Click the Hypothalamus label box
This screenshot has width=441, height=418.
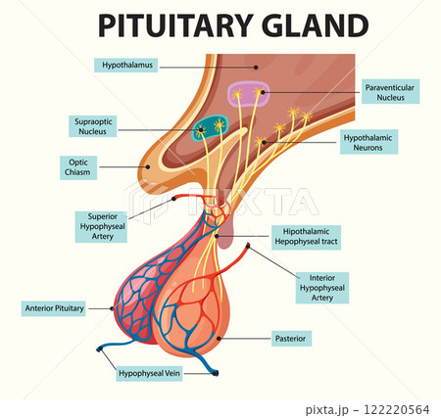tap(127, 66)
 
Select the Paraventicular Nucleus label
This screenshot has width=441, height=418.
tap(391, 93)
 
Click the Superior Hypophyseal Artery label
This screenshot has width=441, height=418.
tap(102, 224)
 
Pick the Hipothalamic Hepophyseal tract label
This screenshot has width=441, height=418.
tap(305, 236)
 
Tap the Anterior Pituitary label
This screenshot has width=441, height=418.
tap(53, 308)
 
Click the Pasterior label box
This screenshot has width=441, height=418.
tap(290, 339)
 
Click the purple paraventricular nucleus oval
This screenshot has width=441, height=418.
tap(248, 94)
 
